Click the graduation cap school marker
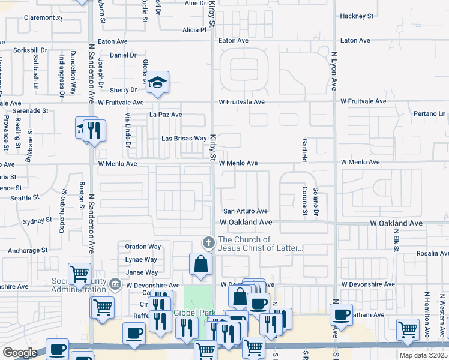(157, 83)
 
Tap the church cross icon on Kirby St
(208, 242)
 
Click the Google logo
(19, 353)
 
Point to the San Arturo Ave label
(245, 211)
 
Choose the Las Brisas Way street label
(184, 139)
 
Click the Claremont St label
(43, 18)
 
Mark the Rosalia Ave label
(431, 254)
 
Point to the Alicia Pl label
(194, 30)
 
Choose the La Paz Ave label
(166, 115)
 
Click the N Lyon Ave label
(334, 71)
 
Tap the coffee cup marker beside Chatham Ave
(341, 314)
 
